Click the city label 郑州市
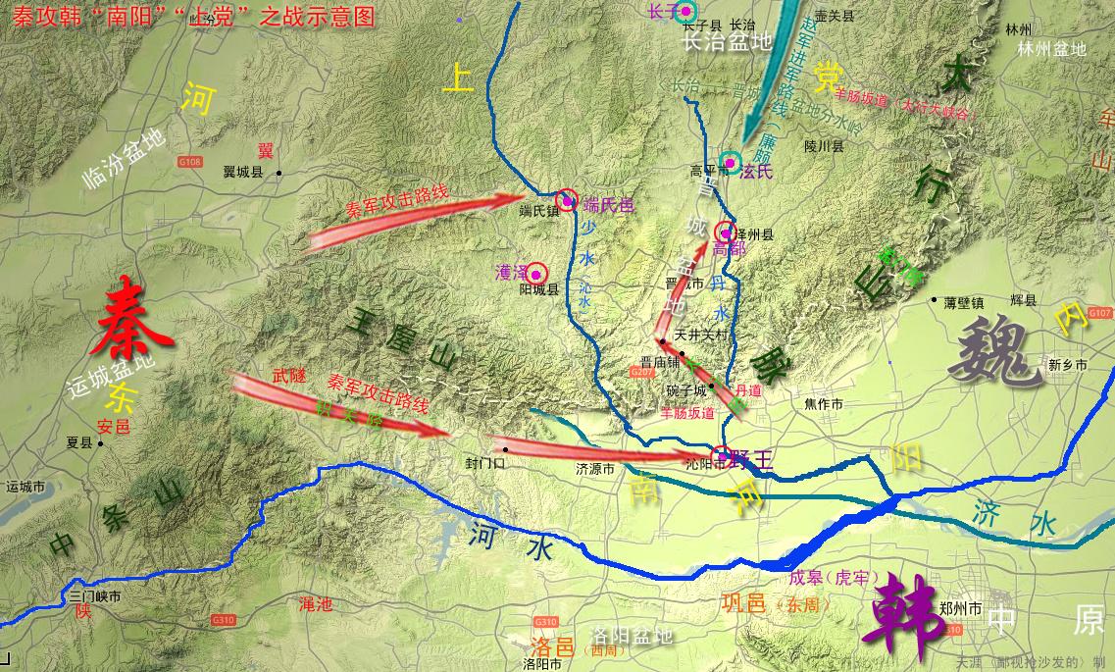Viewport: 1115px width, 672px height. point(960,608)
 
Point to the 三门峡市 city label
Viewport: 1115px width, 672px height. point(95,595)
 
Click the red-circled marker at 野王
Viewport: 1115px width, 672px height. point(722,455)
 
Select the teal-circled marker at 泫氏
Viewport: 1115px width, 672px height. point(730,162)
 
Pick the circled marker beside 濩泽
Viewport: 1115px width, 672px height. point(537,274)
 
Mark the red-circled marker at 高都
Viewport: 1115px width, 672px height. point(726,233)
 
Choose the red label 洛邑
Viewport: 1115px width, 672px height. point(550,646)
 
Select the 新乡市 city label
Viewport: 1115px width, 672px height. point(1068,365)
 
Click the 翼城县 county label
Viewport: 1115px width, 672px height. point(243,172)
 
